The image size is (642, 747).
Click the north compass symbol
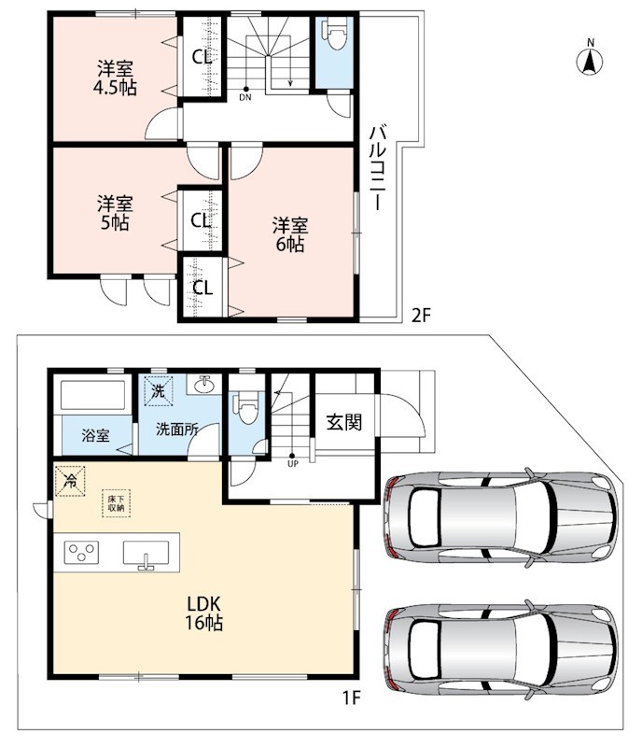pyautogui.click(x=590, y=59)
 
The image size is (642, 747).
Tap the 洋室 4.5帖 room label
pyautogui.click(x=116, y=78)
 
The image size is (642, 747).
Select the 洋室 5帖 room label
pyautogui.click(x=116, y=214)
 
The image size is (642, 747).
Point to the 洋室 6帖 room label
pyautogui.click(x=290, y=235)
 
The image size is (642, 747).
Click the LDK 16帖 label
pyautogui.click(x=204, y=613)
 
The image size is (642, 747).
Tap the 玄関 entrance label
pyautogui.click(x=343, y=423)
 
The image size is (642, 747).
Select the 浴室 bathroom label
pyautogui.click(x=96, y=435)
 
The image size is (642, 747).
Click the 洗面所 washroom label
pyautogui.click(x=176, y=430)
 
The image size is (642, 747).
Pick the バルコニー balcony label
pyautogui.click(x=379, y=168)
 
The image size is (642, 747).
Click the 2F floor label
pyautogui.click(x=421, y=316)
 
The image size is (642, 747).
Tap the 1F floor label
pyautogui.click(x=352, y=698)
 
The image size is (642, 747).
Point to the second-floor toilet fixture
pyautogui.click(x=335, y=35)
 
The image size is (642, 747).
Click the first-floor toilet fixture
pyautogui.click(x=246, y=408)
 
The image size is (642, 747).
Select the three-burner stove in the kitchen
pyautogui.click(x=81, y=553)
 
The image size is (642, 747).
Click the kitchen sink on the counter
pyautogui.click(x=146, y=555)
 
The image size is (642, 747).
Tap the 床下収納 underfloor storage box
pyautogui.click(x=117, y=503)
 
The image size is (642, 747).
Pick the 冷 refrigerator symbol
pyautogui.click(x=70, y=481)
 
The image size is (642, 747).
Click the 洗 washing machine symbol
pyautogui.click(x=158, y=391)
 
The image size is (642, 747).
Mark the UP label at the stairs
pyautogui.click(x=292, y=463)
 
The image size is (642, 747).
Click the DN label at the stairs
pyautogui.click(x=245, y=98)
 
